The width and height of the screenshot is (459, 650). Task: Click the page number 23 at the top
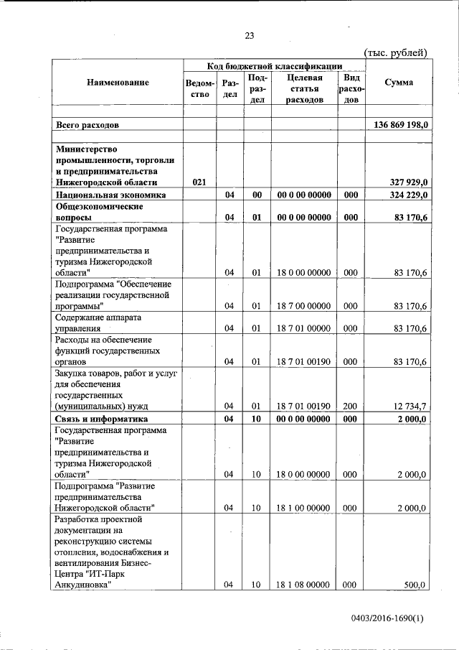point(250,36)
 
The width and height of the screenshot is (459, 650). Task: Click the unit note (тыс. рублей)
point(396,52)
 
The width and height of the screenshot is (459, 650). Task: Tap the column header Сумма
point(398,83)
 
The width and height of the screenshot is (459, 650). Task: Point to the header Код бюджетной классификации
point(275,65)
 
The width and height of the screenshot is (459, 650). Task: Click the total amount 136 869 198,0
point(400,125)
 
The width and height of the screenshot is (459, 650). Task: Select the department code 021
point(200,182)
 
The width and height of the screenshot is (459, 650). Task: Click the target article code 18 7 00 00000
point(305,306)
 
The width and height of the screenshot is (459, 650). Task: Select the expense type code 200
point(350,407)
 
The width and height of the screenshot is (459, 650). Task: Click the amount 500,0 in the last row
point(415,585)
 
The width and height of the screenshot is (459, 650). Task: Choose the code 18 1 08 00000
point(305,585)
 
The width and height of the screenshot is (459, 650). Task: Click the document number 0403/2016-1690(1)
point(388,617)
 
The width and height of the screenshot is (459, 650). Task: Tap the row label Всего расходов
point(87,125)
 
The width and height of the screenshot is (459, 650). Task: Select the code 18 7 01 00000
point(305,329)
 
